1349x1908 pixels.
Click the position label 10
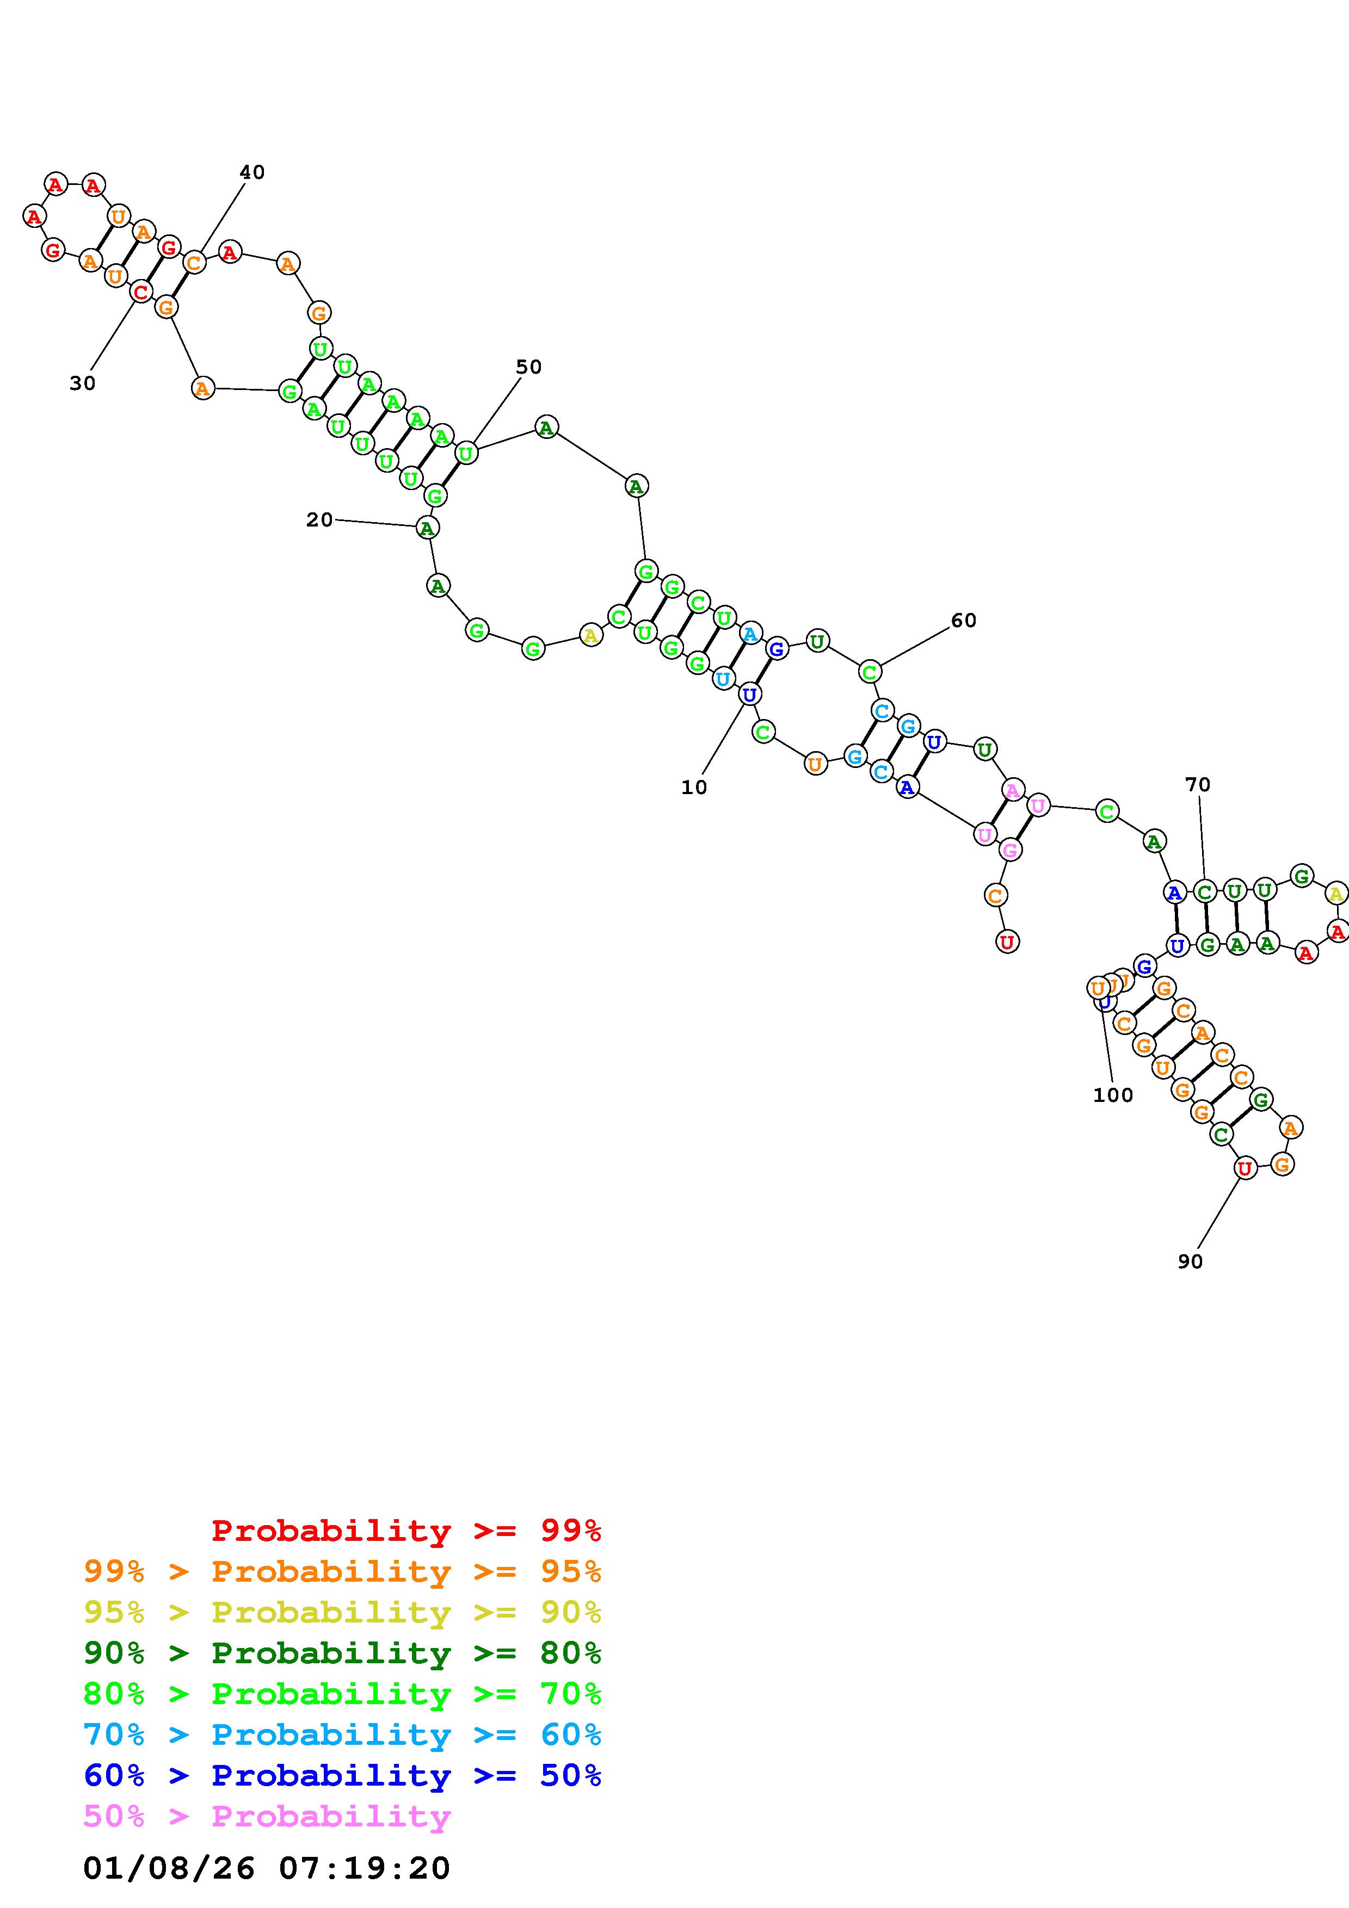coord(694,787)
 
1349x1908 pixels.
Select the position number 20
coord(319,519)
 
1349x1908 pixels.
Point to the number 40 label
coord(252,172)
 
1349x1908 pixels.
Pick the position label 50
coord(528,367)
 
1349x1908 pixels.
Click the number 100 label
coord(1113,1095)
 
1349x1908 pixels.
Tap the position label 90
coord(1190,1261)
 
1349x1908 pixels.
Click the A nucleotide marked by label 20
coord(427,528)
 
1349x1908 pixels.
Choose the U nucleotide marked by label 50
coord(466,454)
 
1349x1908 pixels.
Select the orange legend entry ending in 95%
coord(342,1571)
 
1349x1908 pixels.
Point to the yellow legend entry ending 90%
coord(342,1612)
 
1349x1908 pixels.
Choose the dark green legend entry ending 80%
coord(342,1653)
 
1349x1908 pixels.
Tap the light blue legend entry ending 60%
coord(342,1734)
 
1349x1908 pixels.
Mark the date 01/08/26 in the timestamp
coord(169,1868)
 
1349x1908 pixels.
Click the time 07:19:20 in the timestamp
coord(364,1868)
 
